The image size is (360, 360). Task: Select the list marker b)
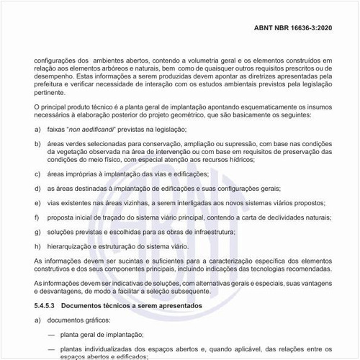pyautogui.click(x=37, y=143)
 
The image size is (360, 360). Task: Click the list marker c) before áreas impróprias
pyautogui.click(x=37, y=174)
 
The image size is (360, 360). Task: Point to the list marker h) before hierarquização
pyautogui.click(x=37, y=246)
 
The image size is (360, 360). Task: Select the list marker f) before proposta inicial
pyautogui.click(x=37, y=217)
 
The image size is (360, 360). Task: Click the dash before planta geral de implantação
pyautogui.click(x=50, y=335)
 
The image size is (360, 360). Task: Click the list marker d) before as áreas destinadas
pyautogui.click(x=37, y=188)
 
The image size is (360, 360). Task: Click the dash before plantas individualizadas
pyautogui.click(x=50, y=349)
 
